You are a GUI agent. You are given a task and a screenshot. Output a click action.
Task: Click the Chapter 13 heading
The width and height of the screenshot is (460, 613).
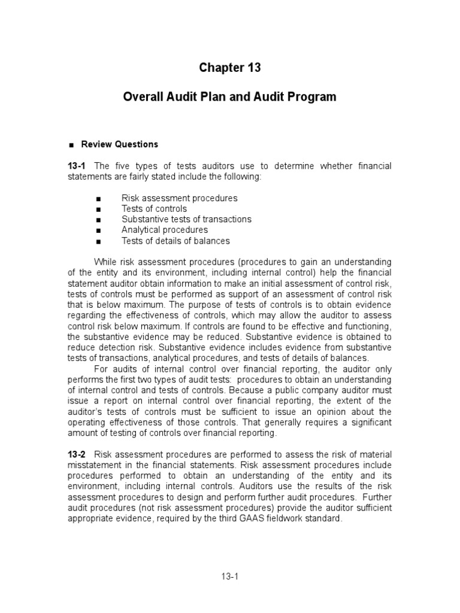(230, 68)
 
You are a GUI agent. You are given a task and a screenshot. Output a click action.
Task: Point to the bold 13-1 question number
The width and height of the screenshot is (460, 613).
(77, 166)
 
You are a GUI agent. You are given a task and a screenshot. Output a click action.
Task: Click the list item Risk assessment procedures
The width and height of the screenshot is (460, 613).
(179, 198)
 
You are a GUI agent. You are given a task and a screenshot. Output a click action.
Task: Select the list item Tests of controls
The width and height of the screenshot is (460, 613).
(154, 209)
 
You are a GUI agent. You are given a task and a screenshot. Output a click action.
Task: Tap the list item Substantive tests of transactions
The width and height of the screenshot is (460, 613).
(186, 219)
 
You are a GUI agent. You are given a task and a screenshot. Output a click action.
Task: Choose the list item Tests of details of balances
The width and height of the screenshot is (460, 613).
(175, 241)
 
